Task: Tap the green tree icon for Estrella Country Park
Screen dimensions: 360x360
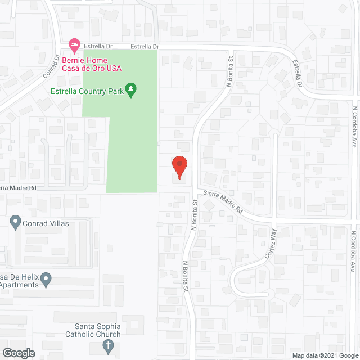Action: click(x=131, y=91)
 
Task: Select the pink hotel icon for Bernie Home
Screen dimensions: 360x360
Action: click(x=73, y=43)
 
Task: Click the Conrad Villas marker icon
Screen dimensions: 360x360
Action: click(x=16, y=223)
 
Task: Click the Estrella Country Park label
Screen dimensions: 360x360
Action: click(x=87, y=90)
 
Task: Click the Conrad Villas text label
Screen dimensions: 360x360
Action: click(x=46, y=223)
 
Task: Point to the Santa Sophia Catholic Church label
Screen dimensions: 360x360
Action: click(x=98, y=330)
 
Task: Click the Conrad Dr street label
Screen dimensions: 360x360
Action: click(x=51, y=65)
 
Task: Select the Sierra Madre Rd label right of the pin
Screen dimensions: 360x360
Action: click(x=223, y=201)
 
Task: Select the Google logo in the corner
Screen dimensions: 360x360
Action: click(x=18, y=353)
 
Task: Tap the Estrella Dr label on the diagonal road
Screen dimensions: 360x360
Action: click(x=296, y=74)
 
